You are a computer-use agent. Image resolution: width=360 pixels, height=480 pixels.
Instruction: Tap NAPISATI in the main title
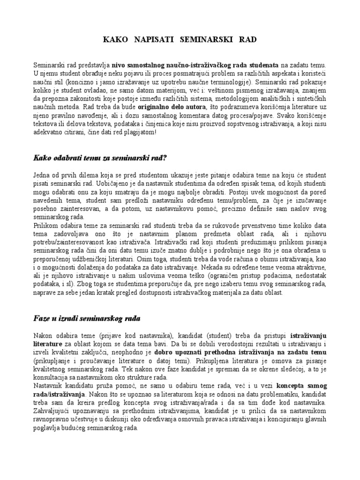(x=153, y=40)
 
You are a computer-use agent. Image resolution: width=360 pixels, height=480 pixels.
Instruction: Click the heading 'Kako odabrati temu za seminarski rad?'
(x=100, y=158)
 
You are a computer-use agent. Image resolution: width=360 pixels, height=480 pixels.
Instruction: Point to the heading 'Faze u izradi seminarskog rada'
(x=87, y=318)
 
